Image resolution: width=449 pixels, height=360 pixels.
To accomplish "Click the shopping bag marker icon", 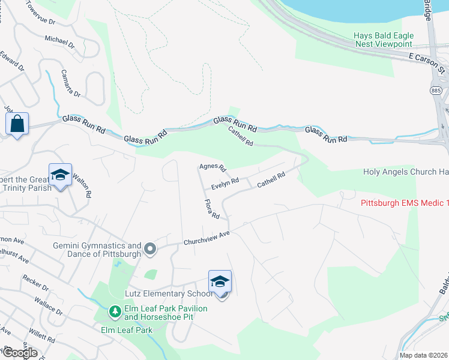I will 17,124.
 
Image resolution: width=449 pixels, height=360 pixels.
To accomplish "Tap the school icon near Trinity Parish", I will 60,175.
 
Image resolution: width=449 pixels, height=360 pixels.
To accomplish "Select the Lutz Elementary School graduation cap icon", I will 220,281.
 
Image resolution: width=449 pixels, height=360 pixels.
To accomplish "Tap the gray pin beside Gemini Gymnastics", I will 150,248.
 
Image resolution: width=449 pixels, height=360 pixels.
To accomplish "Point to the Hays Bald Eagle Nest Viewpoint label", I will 382,40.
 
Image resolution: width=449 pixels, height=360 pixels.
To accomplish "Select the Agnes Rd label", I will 212,167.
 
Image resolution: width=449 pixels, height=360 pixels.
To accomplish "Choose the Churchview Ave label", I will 207,237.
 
